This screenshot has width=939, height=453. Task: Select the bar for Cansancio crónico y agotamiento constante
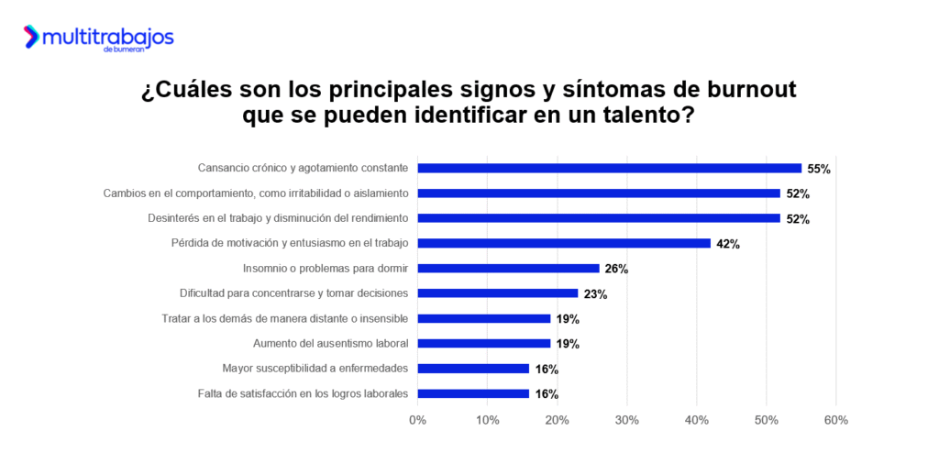pyautogui.click(x=610, y=168)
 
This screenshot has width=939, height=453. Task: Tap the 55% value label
pyautogui.click(x=819, y=169)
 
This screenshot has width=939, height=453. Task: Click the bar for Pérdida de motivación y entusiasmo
pyautogui.click(x=564, y=243)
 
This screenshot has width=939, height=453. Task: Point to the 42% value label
pyautogui.click(x=728, y=244)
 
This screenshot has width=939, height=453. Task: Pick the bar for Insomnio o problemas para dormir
pyautogui.click(x=508, y=269)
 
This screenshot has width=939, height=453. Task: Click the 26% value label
pyautogui.click(x=616, y=269)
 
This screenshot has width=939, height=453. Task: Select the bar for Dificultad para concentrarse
pyautogui.click(x=498, y=293)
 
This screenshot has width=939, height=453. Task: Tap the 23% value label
pyautogui.click(x=595, y=294)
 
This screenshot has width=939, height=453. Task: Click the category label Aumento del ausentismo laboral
pyautogui.click(x=331, y=344)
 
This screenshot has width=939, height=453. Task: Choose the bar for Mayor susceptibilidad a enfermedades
pyautogui.click(x=473, y=369)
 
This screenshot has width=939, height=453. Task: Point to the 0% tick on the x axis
pyautogui.click(x=417, y=420)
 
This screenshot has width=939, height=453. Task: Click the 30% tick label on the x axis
pyautogui.click(x=626, y=420)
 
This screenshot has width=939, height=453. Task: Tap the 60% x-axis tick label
pyautogui.click(x=835, y=420)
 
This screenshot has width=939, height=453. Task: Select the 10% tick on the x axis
pyautogui.click(x=487, y=420)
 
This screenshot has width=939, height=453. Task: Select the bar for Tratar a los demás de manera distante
pyautogui.click(x=483, y=318)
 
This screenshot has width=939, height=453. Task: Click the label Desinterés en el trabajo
pyautogui.click(x=279, y=218)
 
